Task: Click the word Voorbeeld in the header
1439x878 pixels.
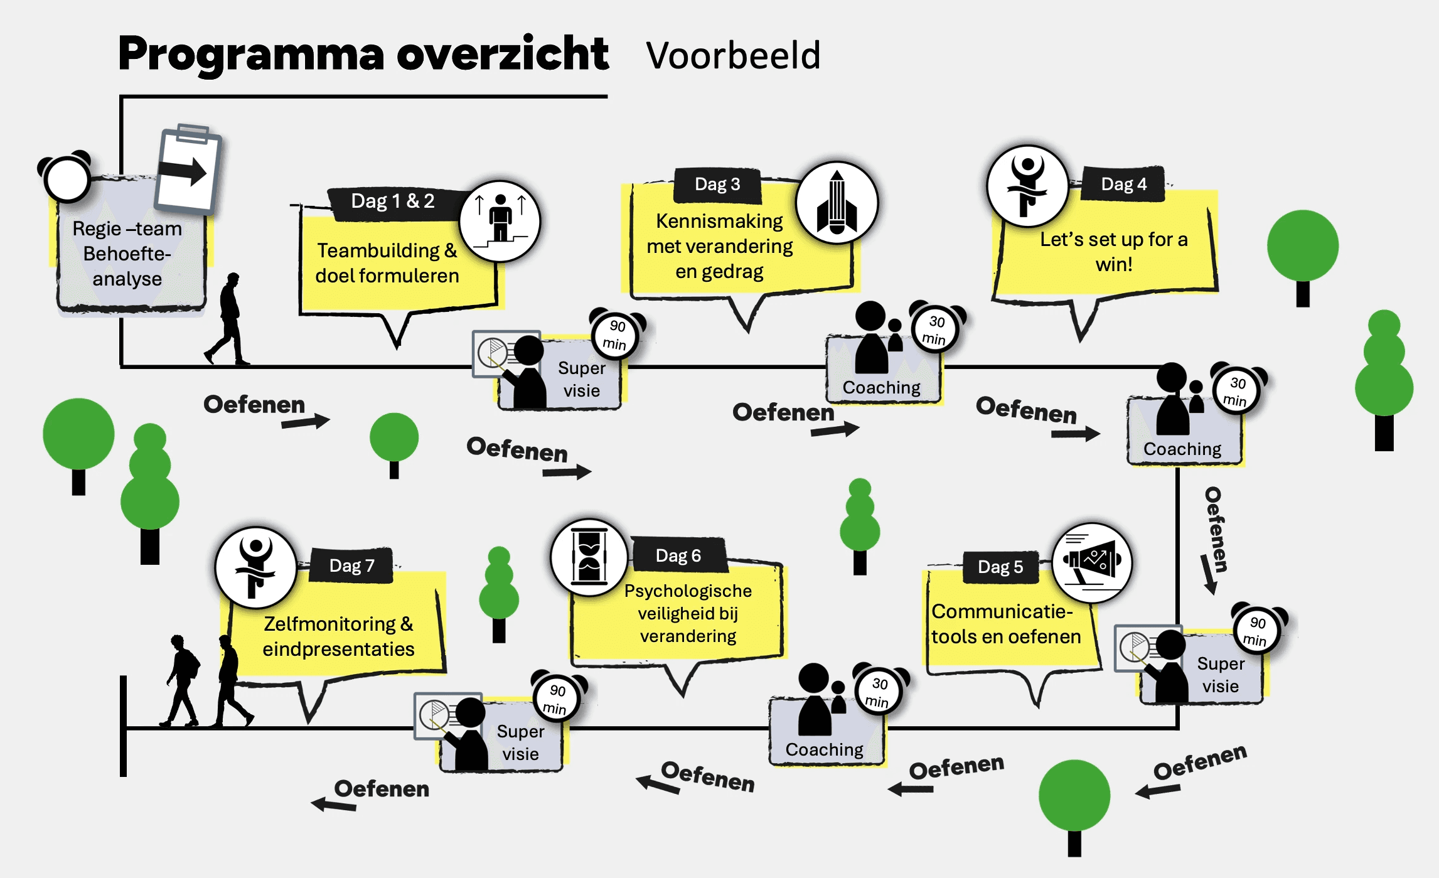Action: [x=733, y=55]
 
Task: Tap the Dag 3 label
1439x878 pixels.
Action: [x=717, y=185]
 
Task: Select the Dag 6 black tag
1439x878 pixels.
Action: [x=678, y=555]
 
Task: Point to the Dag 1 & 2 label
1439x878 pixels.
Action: [x=392, y=201]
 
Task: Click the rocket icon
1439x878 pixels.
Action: [x=837, y=202]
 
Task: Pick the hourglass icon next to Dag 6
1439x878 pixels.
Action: [x=589, y=557]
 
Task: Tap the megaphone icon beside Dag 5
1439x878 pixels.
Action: [x=1091, y=562]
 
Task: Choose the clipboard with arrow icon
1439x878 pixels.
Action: [x=188, y=168]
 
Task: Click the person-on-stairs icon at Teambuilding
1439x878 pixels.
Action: [x=500, y=221]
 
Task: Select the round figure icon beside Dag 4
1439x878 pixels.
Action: [x=1027, y=186]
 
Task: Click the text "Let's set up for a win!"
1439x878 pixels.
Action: [x=1114, y=251]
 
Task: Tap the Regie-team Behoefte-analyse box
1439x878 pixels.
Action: [x=127, y=254]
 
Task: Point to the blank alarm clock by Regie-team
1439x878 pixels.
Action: [x=66, y=178]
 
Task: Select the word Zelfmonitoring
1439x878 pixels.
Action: [x=329, y=624]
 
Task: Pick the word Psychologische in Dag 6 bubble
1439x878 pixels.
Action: [x=688, y=591]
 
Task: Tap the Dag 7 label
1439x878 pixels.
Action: [x=351, y=565]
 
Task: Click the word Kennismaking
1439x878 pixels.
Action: [x=719, y=221]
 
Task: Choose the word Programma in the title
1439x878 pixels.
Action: [x=251, y=54]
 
